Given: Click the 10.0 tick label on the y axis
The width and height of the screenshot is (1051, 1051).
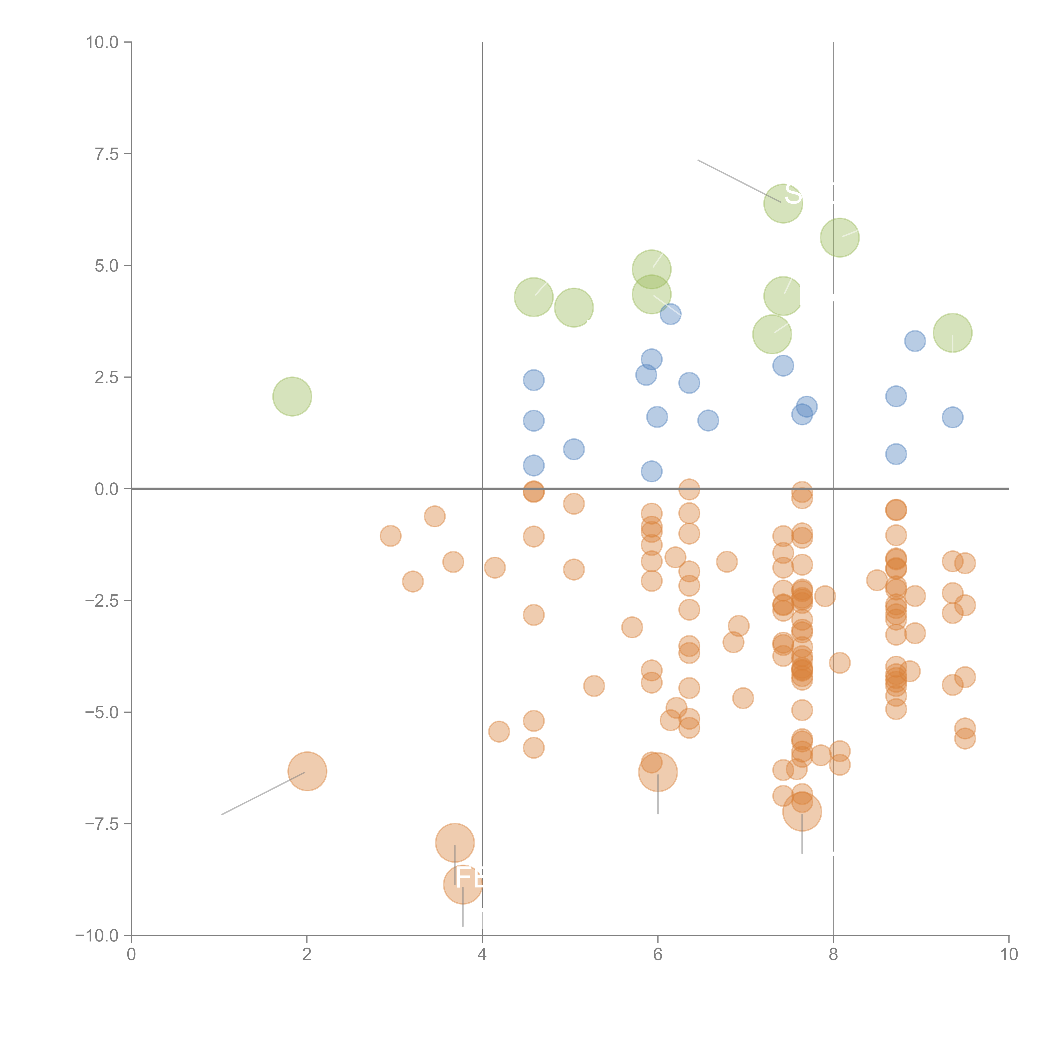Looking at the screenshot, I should (102, 42).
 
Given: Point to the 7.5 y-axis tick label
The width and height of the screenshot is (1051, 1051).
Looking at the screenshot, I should (107, 154).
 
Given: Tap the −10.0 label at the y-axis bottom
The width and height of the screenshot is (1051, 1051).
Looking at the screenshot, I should (97, 936).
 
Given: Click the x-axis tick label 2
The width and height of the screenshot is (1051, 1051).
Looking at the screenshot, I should (307, 955).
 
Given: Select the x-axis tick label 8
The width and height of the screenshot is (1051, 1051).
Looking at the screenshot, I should (833, 955).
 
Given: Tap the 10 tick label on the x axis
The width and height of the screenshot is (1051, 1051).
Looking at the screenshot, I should (1009, 955).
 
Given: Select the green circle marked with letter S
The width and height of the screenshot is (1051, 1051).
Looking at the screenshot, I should (783, 203).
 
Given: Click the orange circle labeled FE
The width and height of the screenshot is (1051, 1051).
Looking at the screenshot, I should (462, 885).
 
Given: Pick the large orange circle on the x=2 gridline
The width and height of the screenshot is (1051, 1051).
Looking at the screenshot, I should (307, 771).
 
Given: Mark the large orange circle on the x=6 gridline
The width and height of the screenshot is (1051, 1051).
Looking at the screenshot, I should (658, 772).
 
